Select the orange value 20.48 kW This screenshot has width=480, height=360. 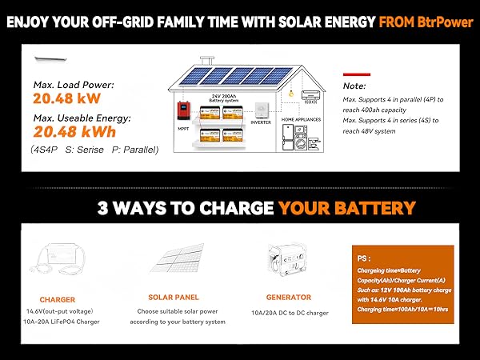(64, 99)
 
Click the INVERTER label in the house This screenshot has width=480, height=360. (260, 122)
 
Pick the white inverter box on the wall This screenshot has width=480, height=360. (261, 110)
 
